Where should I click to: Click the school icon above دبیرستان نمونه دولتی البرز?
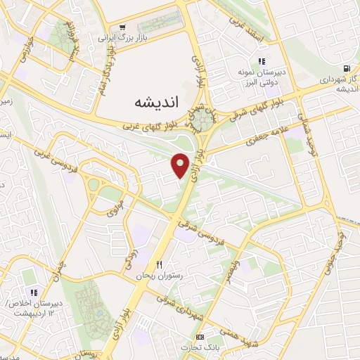(262, 61)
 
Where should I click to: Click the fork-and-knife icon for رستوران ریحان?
(159, 264)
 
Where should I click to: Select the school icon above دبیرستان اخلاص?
(32, 292)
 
